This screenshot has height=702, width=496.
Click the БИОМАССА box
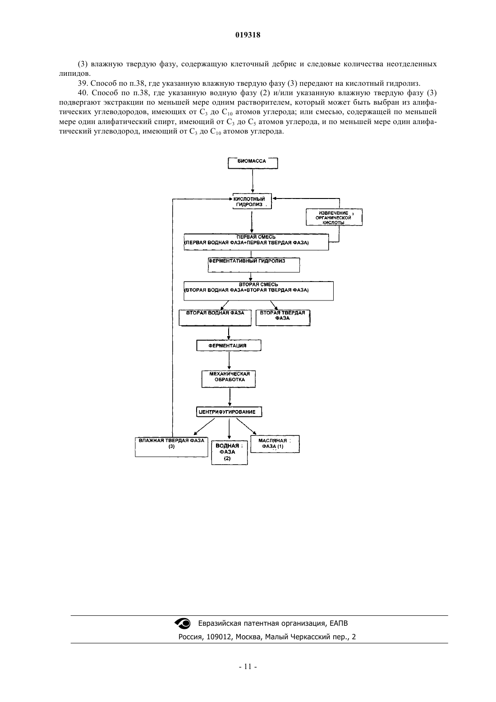[x=253, y=163]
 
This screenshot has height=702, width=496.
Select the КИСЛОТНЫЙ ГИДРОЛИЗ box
[x=252, y=201]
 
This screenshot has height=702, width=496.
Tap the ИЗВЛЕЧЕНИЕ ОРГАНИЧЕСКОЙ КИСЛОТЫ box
[x=334, y=217]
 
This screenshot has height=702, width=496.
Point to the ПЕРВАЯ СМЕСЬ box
[x=256, y=242]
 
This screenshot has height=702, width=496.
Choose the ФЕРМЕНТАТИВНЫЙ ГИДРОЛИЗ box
[x=253, y=265]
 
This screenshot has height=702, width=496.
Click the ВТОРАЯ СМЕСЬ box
[x=258, y=291]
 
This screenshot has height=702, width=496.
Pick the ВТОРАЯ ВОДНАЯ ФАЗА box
[x=215, y=318]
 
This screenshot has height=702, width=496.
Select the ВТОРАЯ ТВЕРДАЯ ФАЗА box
[x=283, y=318]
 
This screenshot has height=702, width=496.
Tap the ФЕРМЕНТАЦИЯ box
[x=229, y=345]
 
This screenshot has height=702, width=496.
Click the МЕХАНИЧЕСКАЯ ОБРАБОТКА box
[x=229, y=379]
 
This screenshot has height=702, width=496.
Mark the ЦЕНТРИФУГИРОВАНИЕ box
[x=229, y=411]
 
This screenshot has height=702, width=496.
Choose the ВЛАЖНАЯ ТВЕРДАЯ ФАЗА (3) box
[x=171, y=447]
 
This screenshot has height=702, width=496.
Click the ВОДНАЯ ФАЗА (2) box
[x=229, y=453]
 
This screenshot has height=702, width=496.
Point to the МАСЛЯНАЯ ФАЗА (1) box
[x=275, y=444]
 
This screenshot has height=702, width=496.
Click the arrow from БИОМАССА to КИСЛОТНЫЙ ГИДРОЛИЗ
[x=253, y=181]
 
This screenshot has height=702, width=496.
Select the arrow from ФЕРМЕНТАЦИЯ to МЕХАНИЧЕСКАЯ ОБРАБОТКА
[x=229, y=361]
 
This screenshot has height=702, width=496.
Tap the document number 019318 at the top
[x=248, y=35]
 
